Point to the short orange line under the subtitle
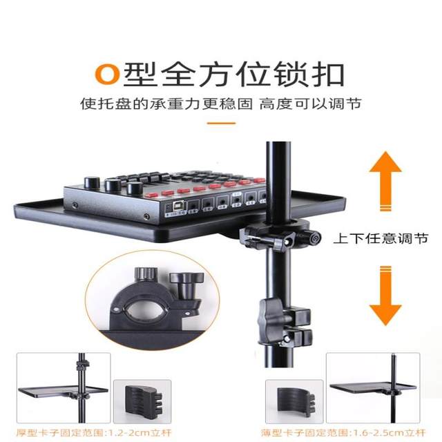coord(221,124)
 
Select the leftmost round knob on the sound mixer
coord(90,183)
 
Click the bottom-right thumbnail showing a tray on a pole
coord(373,387)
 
